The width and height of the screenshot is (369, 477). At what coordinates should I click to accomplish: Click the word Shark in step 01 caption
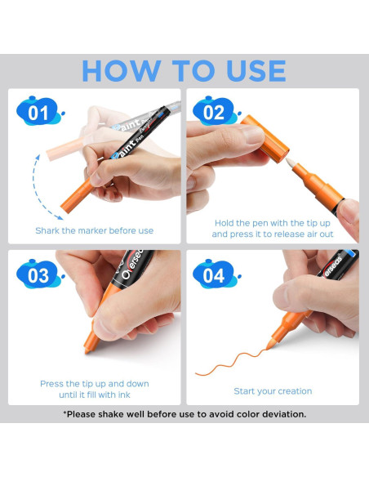pyautogui.click(x=47, y=230)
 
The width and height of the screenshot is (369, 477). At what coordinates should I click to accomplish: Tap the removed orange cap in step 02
pyautogui.click(x=265, y=138)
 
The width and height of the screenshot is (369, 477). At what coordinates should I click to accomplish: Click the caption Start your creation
pyautogui.click(x=273, y=391)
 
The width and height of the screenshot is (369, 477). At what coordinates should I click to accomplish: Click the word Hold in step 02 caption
pyautogui.click(x=224, y=223)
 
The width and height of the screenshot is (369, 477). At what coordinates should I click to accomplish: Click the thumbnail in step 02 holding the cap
pyautogui.click(x=253, y=134)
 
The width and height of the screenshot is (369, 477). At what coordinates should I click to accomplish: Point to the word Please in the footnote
pyautogui.click(x=80, y=414)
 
